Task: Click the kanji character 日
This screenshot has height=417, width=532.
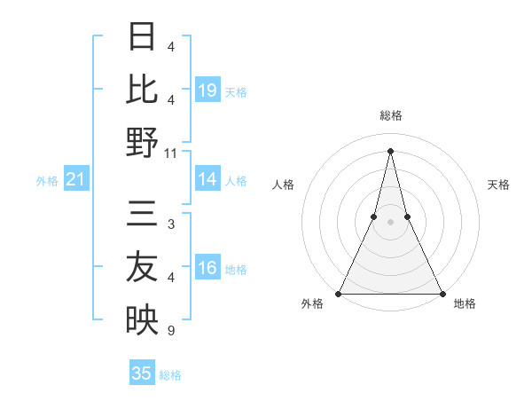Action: pos(143,37)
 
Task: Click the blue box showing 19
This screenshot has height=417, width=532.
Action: pos(207,90)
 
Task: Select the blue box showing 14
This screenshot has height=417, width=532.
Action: pos(207,180)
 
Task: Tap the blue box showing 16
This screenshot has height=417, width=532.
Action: pos(207,269)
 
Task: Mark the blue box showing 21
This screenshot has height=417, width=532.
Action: pos(75,180)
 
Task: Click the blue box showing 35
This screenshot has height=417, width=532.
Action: pos(142,374)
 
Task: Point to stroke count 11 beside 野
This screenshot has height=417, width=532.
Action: pos(171,153)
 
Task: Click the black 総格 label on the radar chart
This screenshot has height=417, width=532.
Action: pos(390,116)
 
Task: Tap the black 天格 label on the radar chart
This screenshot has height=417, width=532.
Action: pos(498,185)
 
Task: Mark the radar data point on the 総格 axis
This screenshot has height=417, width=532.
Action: pos(390,150)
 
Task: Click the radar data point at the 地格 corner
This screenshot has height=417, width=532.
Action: pos(442,293)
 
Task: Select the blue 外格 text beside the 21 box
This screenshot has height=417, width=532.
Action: pos(47,181)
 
